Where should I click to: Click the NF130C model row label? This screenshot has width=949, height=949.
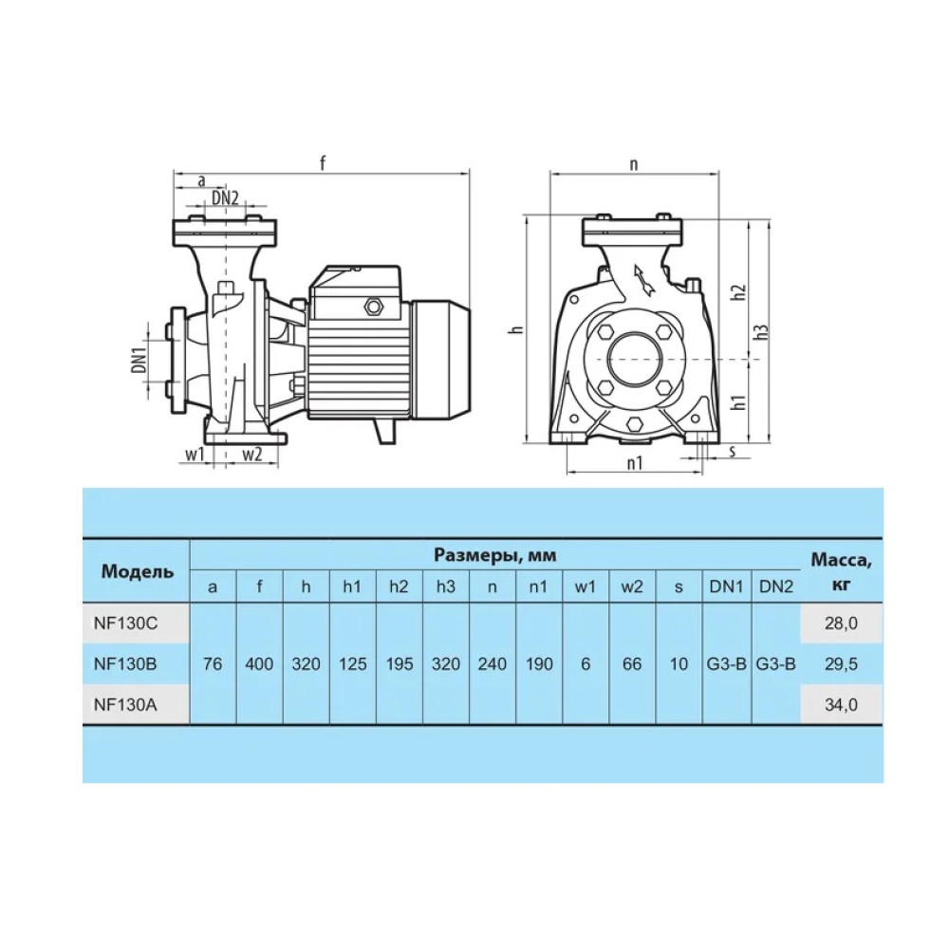pos(125,623)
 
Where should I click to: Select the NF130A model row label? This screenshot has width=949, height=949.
pos(125,704)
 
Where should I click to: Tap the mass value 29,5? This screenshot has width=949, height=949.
pos(841,664)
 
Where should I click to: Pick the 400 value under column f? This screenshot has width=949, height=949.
pos(259,664)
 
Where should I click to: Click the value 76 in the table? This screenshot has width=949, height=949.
pos(213,664)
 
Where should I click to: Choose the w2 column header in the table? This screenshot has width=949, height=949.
pos(631,586)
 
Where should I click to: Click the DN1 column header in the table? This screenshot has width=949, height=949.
pos(726,586)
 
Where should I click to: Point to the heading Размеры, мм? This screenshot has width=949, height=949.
pos(494,555)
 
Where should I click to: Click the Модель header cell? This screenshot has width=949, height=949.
pos(137,571)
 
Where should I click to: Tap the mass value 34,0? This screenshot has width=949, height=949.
pos(841,704)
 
